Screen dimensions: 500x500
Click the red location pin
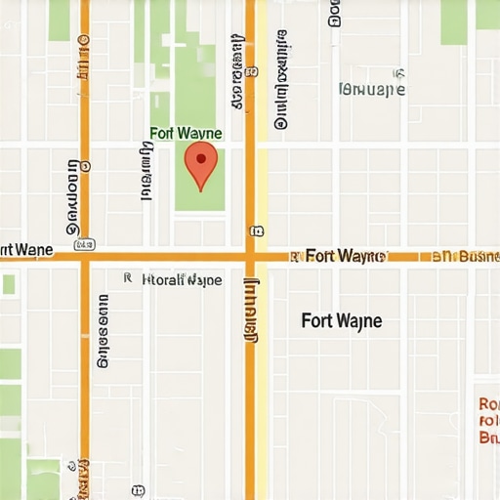pyautogui.click(x=200, y=166)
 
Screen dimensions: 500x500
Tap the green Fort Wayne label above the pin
pyautogui.click(x=186, y=133)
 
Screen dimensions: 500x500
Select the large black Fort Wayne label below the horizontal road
pyautogui.click(x=342, y=320)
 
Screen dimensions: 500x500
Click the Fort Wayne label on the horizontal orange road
pyautogui.click(x=345, y=256)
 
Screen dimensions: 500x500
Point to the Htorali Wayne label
pyautogui.click(x=182, y=279)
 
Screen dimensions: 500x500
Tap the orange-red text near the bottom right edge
pyautogui.click(x=487, y=421)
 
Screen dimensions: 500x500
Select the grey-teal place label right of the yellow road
pyautogui.click(x=371, y=90)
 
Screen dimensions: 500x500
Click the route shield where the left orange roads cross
pyautogui.click(x=84, y=243)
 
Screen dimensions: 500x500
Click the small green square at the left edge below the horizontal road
pyautogui.click(x=9, y=284)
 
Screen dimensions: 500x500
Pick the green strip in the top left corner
pyautogui.click(x=59, y=21)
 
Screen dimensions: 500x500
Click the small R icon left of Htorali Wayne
pyautogui.click(x=128, y=278)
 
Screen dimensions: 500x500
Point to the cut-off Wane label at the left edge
pyautogui.click(x=26, y=250)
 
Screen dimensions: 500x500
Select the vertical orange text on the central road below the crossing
pyautogui.click(x=250, y=312)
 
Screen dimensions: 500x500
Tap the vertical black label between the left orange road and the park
pyautogui.click(x=146, y=171)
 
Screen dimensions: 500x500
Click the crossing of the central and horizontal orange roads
pyautogui.click(x=250, y=256)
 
